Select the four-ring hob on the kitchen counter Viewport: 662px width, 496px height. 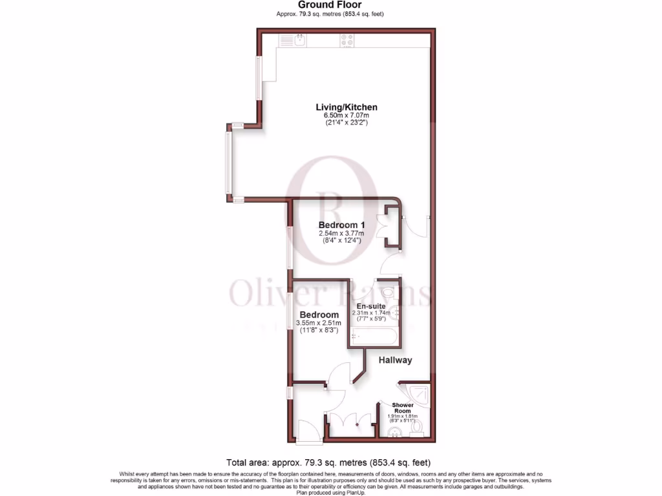pos(347,40)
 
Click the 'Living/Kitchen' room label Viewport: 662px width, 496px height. pos(347,107)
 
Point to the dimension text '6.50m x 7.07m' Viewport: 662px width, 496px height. pos(347,116)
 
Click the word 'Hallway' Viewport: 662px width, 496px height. pos(395,360)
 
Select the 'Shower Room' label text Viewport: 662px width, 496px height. pos(403,408)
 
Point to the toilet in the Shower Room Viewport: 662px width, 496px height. pos(417,428)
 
